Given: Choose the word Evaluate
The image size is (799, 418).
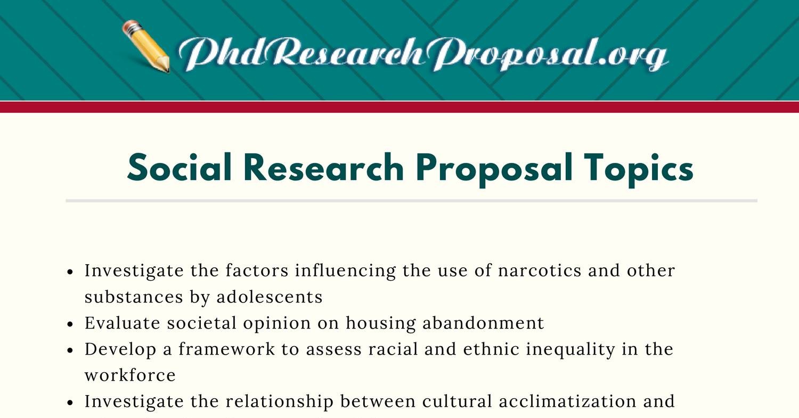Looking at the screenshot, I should (x=123, y=323).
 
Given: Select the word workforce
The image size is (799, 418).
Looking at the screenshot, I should (x=130, y=375).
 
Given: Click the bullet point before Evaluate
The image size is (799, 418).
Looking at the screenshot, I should (x=71, y=324).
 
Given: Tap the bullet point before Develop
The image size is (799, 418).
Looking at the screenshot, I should (x=71, y=350).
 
